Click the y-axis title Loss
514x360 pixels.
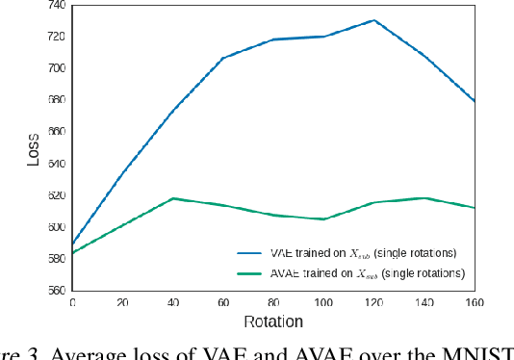33,147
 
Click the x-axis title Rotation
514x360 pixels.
273,321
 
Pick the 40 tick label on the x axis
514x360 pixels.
172,302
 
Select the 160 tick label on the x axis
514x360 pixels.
474,302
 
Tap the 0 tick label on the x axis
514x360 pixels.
71,302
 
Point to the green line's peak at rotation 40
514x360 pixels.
172,198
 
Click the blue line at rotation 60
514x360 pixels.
223,58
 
